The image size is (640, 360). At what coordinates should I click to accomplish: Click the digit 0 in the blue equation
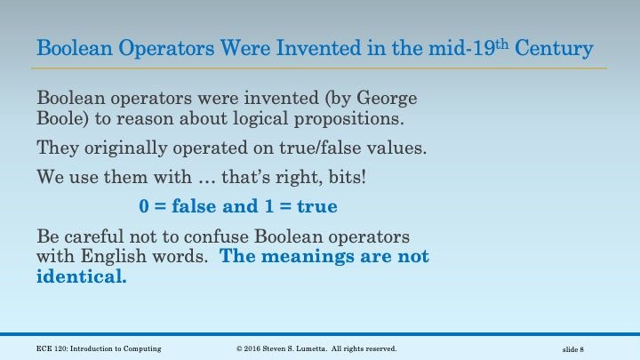click(x=144, y=207)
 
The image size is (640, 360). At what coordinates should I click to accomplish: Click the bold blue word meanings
click(x=308, y=258)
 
